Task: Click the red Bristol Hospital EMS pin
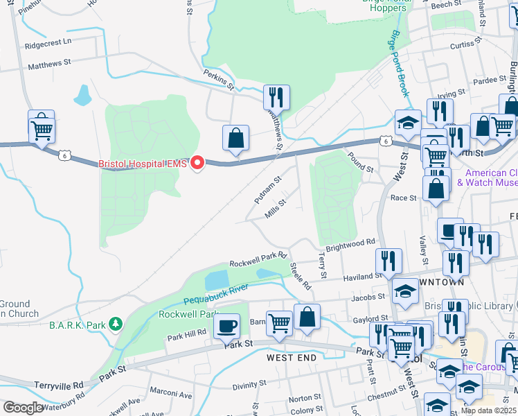[x=197, y=164]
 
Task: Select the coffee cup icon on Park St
[x=226, y=325]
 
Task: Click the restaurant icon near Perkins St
[x=276, y=96]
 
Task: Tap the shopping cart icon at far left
[x=42, y=128]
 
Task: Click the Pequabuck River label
[x=216, y=294]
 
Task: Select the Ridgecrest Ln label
[x=48, y=42]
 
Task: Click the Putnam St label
[x=267, y=189]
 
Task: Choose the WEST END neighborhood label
[x=292, y=358]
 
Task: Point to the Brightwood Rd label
[x=350, y=245]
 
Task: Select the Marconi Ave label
[x=170, y=395]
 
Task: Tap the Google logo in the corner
[x=23, y=408]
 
